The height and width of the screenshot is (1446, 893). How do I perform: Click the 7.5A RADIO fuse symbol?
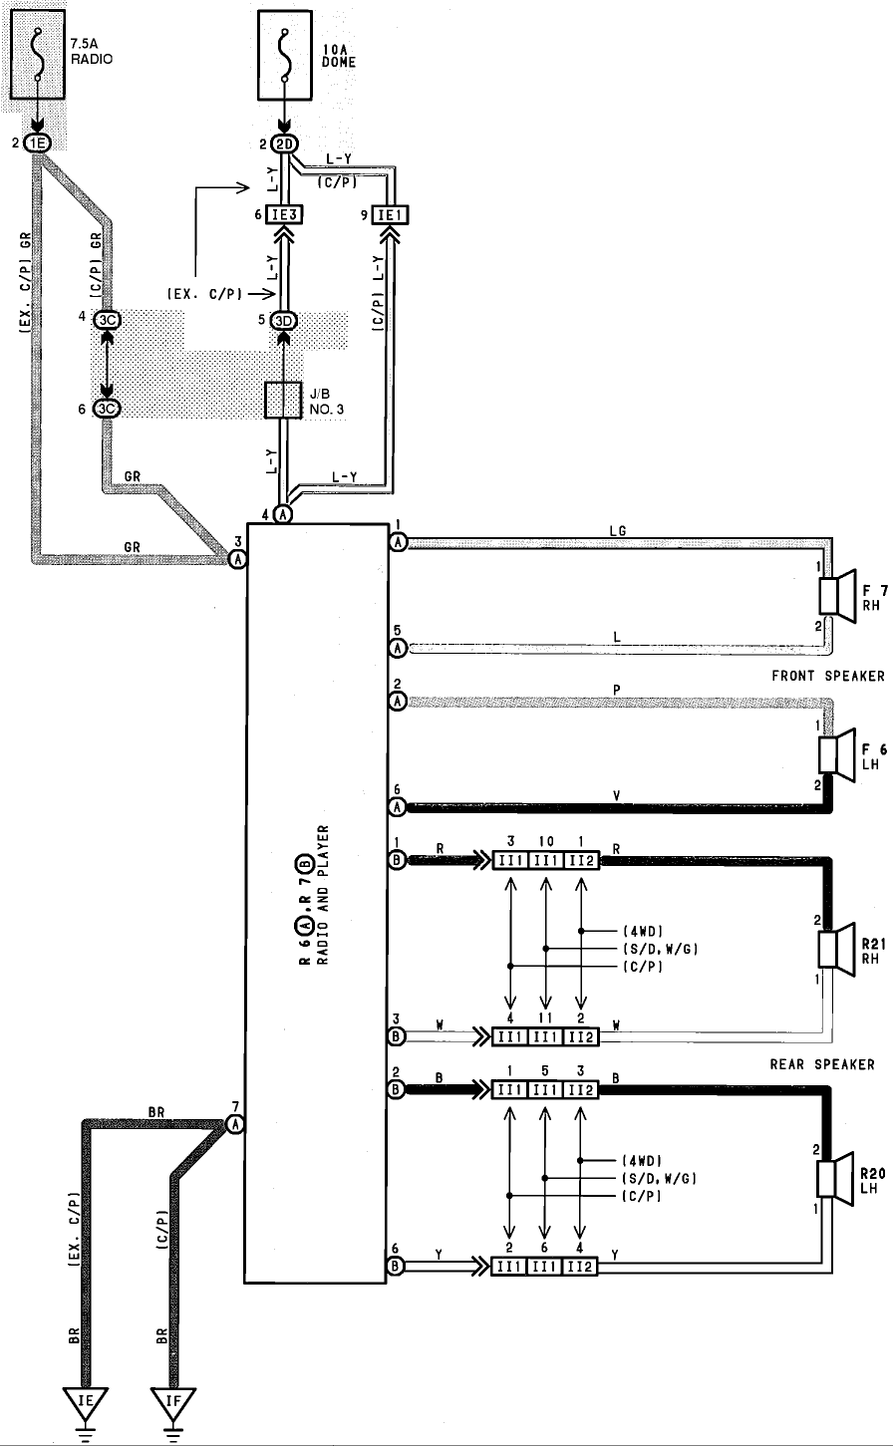pyautogui.click(x=38, y=54)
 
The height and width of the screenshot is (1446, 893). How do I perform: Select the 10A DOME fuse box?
pyautogui.click(x=285, y=55)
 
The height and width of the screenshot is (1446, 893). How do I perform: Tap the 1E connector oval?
pyautogui.click(x=37, y=144)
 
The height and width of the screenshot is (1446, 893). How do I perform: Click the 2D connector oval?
pyautogui.click(x=284, y=144)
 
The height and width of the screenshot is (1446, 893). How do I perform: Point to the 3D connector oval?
pyautogui.click(x=283, y=321)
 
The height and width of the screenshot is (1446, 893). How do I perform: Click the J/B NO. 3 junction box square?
pyautogui.click(x=283, y=401)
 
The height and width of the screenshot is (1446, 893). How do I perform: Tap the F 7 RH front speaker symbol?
pyautogui.click(x=837, y=596)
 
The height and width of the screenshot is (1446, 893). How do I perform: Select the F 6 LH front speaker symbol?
pyautogui.click(x=837, y=755)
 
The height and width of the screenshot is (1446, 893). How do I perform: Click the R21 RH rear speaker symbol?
pyautogui.click(x=837, y=949)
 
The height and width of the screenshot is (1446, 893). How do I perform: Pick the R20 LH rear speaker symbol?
pyautogui.click(x=835, y=1178)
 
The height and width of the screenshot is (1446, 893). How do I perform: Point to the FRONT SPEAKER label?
pyautogui.click(x=828, y=676)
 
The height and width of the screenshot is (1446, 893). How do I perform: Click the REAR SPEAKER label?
pyautogui.click(x=822, y=1064)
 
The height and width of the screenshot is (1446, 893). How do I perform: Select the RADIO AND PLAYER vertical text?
pyautogui.click(x=323, y=895)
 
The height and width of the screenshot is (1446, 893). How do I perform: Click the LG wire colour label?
pyautogui.click(x=617, y=530)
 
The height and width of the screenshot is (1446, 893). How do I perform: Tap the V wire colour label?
pyautogui.click(x=617, y=796)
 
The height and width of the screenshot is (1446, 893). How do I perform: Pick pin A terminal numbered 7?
pyautogui.click(x=235, y=1124)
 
